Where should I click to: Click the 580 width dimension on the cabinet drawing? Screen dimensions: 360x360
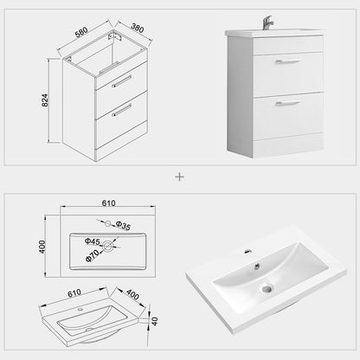pos(81,32)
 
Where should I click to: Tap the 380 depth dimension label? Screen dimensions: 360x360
pos(138,28)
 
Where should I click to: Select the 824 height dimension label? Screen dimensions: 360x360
pos(45,100)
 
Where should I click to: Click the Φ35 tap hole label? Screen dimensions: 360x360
pos(123,226)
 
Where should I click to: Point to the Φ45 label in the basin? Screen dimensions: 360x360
pos(93,241)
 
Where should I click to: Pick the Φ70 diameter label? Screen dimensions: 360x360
pos(93,255)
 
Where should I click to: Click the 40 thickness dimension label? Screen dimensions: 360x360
pos(155,321)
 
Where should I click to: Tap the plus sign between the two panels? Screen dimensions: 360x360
pos(180,177)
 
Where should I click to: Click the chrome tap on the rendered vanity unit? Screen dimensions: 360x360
pos(267,23)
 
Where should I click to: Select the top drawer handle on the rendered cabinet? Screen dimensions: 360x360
pos(288,61)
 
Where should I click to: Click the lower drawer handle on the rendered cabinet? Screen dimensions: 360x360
pos(288,103)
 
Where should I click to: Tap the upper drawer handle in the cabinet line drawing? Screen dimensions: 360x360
pos(122,80)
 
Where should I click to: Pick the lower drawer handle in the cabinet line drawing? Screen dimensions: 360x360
pos(122,110)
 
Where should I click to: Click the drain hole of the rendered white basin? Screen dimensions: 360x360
pos(266,288)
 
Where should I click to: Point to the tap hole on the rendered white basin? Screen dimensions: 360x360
pos(247,251)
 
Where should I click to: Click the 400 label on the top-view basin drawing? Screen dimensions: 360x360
pos(42,247)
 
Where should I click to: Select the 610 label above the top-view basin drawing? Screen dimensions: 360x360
pos(108,203)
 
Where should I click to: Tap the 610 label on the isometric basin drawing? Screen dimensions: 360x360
pos(74,293)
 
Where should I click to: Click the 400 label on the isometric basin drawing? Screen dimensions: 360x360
pos(132,294)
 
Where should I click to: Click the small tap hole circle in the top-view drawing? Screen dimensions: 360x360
pos(107,223)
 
